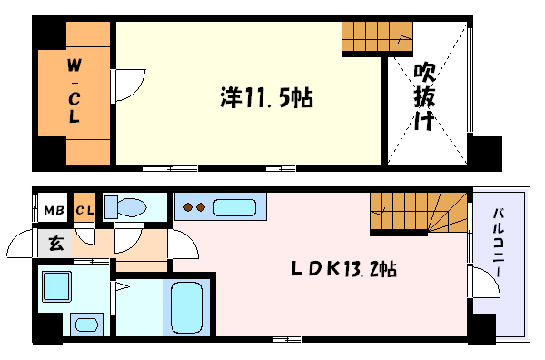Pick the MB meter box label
pyautogui.click(x=54, y=212)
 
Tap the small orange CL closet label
pyautogui.click(x=84, y=212)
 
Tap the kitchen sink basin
pyautogui.click(x=237, y=206)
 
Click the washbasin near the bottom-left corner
pyautogui.click(x=88, y=323)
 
